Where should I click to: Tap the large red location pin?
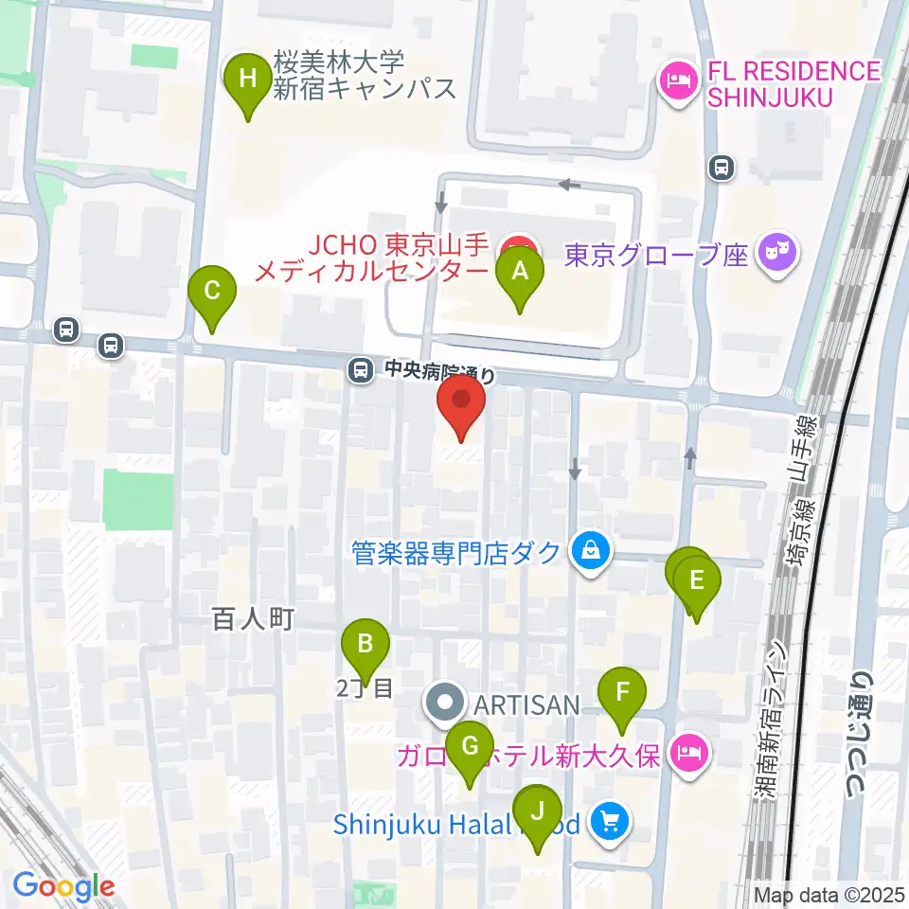(x=461, y=401)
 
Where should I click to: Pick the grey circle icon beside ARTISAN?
(x=444, y=704)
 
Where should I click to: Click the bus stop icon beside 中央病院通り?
(x=360, y=370)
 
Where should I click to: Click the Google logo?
(x=64, y=886)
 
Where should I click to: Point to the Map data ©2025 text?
(x=829, y=894)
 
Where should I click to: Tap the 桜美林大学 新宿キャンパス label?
(x=365, y=77)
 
